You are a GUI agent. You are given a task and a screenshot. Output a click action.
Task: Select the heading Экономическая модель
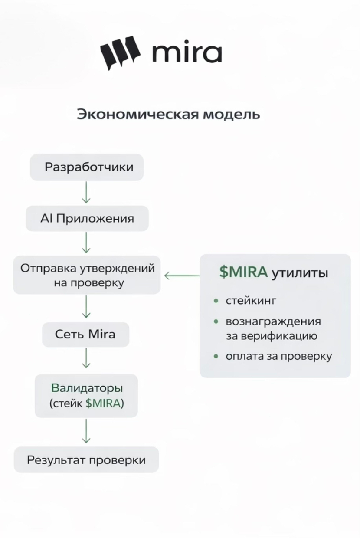click(168, 115)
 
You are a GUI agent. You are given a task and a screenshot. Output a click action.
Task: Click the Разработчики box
click(87, 167)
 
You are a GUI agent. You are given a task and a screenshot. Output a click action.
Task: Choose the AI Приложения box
click(87, 218)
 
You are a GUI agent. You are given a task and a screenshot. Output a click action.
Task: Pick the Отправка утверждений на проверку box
click(87, 275)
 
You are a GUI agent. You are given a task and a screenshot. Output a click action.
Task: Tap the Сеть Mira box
click(85, 334)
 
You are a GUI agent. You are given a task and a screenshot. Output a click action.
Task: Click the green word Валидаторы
click(87, 387)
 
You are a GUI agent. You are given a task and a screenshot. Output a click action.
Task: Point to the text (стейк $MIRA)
click(87, 403)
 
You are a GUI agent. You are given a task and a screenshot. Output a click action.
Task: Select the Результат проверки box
click(86, 459)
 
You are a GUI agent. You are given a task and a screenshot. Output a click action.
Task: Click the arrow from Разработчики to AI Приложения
click(86, 193)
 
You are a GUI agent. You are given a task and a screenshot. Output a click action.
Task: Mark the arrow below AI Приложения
click(86, 243)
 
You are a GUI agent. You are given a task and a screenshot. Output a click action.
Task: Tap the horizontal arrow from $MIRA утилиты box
click(181, 275)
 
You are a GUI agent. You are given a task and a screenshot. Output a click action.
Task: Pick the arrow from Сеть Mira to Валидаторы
click(86, 358)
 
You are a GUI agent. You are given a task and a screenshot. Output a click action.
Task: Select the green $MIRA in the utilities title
click(243, 272)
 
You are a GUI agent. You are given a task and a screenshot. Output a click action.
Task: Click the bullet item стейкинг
click(251, 300)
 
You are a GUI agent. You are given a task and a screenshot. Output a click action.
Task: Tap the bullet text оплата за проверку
click(278, 356)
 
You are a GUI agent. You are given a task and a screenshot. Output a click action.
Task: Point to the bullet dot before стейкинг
click(216, 300)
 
